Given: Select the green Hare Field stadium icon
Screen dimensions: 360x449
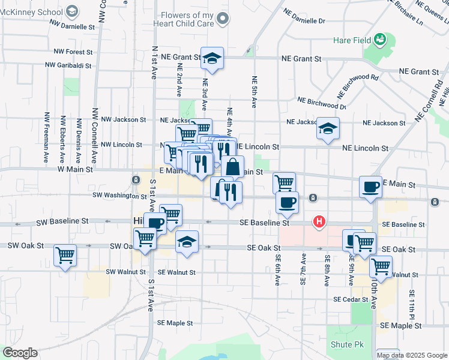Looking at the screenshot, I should pos(379,40).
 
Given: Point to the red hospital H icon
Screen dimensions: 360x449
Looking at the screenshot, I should pos(319,222).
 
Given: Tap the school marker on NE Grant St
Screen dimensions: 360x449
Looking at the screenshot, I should pos(212,58).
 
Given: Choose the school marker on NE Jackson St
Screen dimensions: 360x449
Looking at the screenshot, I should pos(328,128).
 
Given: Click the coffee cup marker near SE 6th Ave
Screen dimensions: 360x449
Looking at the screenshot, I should pos(287,202).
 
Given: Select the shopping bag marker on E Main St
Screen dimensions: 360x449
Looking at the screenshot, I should pos(233,166).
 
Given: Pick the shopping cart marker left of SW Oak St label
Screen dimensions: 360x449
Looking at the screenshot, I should pos(65,255).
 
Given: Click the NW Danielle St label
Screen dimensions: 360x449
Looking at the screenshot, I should pos(73,27).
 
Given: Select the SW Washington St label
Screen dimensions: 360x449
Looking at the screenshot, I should pos(119,196).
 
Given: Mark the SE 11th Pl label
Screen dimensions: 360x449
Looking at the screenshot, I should pos(412,304).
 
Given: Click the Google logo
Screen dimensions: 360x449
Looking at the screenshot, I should pos(20,353).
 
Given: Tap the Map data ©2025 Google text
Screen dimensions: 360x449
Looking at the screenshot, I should pos(412,355).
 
